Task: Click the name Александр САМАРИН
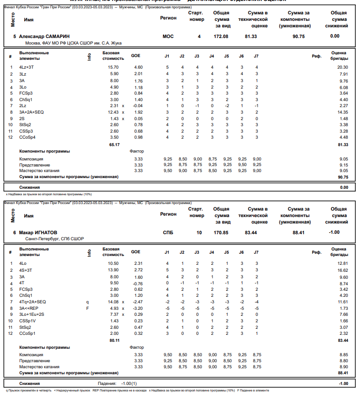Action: pyautogui.click(x=45, y=36)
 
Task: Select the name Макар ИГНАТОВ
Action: pyautogui.click(x=39, y=232)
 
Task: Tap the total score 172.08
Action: pyautogui.click(x=222, y=36)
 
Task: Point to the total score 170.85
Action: pyautogui.click(x=222, y=232)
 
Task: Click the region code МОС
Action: pyautogui.click(x=168, y=36)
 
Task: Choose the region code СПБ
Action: pyautogui.click(x=168, y=232)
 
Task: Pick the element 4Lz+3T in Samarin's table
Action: pyautogui.click(x=26, y=67)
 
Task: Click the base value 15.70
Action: pyautogui.click(x=113, y=67)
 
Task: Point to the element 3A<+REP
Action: pyautogui.click(x=29, y=308)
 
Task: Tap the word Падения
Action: pyautogui.click(x=108, y=384)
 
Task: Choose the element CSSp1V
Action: pyautogui.click(x=27, y=321)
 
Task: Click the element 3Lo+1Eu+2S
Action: pyautogui.click(x=32, y=314)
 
